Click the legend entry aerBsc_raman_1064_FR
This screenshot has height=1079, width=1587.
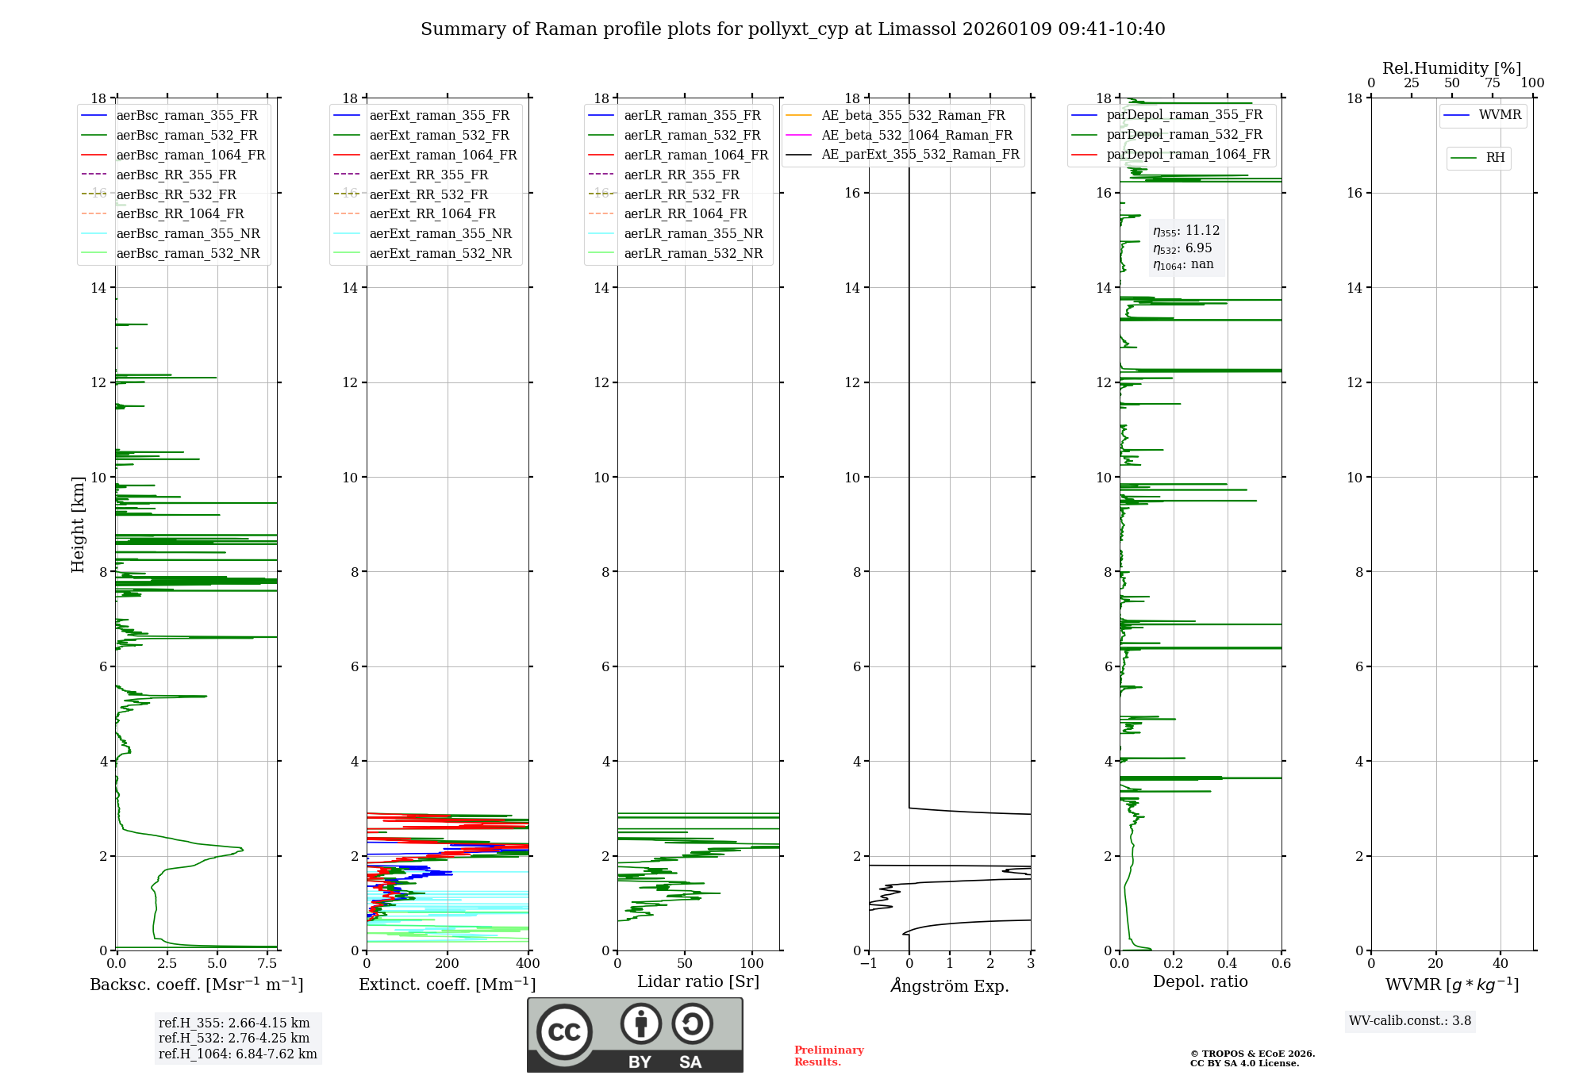190,155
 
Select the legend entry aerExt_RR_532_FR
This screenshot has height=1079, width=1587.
428,194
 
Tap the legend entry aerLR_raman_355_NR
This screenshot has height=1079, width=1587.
693,233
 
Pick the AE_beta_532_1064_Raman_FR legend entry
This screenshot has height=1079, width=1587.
916,135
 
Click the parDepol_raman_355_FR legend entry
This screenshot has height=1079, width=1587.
1184,115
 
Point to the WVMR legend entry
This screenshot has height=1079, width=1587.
1500,115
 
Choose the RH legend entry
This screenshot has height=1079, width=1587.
1495,158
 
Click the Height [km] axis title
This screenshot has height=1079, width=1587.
78,524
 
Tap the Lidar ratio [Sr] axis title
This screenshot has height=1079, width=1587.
698,981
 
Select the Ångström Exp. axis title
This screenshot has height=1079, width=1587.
950,985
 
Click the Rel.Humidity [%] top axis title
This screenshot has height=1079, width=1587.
1451,68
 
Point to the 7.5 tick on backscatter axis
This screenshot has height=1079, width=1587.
267,964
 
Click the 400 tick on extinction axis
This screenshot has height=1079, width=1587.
528,964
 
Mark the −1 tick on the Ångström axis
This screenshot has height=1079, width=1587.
868,964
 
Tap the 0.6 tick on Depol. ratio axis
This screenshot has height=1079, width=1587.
1281,964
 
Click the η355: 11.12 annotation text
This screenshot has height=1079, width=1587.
1186,231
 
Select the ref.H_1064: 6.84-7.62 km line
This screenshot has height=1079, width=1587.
237,1054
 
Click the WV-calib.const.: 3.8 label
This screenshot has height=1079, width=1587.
1410,1021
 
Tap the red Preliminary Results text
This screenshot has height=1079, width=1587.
828,1056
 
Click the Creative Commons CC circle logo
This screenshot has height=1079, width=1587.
564,1031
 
